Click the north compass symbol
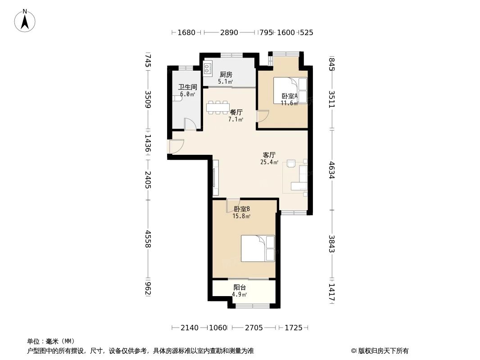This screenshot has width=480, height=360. [25, 20]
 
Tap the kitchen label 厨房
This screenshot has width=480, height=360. [226, 75]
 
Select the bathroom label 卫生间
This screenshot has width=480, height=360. [187, 87]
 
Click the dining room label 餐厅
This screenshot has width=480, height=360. [236, 112]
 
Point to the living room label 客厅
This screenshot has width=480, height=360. [269, 155]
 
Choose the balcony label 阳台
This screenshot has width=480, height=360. [240, 288]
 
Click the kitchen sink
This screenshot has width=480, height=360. [208, 68]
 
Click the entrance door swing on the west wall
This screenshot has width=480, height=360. [176, 146]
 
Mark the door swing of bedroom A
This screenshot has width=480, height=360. [263, 116]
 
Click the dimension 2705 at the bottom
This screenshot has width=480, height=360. [254, 328]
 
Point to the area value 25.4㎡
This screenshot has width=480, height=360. [269, 162]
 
